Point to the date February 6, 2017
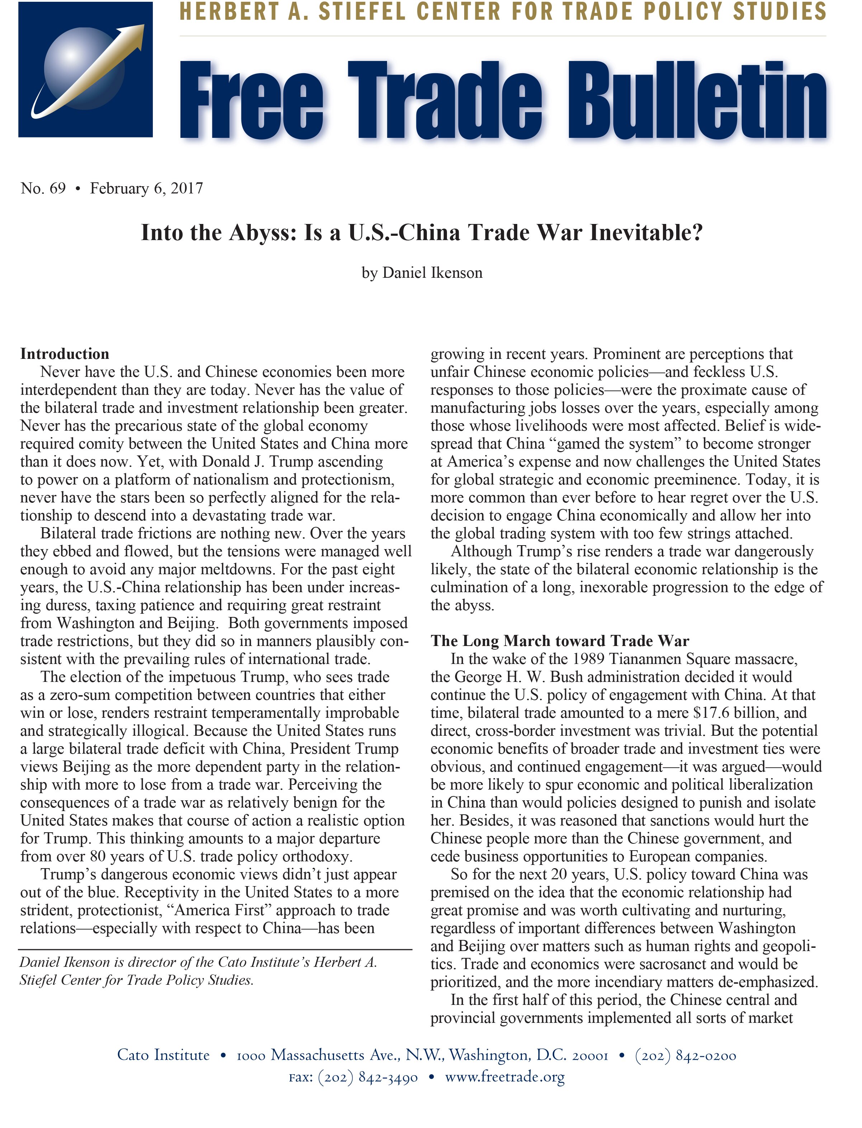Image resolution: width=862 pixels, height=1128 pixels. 147,189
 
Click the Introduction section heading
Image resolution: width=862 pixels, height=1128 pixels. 65,354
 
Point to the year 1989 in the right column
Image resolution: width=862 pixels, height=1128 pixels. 588,659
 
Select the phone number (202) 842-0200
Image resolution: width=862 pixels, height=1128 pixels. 686,1056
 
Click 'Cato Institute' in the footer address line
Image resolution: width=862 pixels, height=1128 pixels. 163,1056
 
